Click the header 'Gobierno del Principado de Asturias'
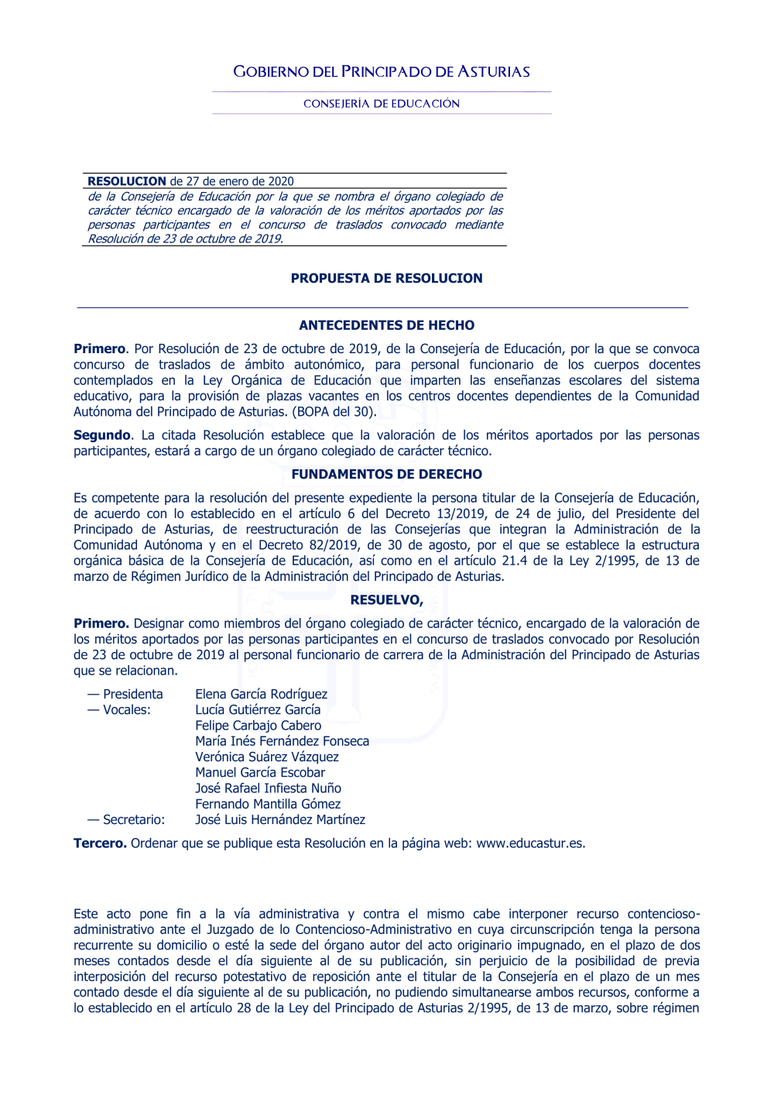(x=382, y=72)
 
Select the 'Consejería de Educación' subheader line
(x=382, y=104)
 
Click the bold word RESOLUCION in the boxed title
(x=127, y=181)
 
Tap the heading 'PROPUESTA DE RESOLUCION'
(x=386, y=279)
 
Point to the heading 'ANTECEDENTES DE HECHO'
(x=386, y=326)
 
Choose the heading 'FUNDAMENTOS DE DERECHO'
(x=386, y=475)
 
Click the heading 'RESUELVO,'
(x=386, y=600)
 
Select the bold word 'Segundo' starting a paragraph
(x=102, y=435)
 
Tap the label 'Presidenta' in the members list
(x=132, y=695)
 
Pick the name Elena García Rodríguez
(x=261, y=695)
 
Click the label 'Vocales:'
(x=127, y=710)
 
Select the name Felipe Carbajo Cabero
(x=258, y=726)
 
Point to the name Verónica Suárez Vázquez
(x=266, y=757)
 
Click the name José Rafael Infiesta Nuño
(x=268, y=788)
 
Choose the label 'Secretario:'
(x=134, y=820)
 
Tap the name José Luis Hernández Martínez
(x=279, y=820)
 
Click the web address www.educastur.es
(x=529, y=843)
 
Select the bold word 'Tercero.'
(x=100, y=843)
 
